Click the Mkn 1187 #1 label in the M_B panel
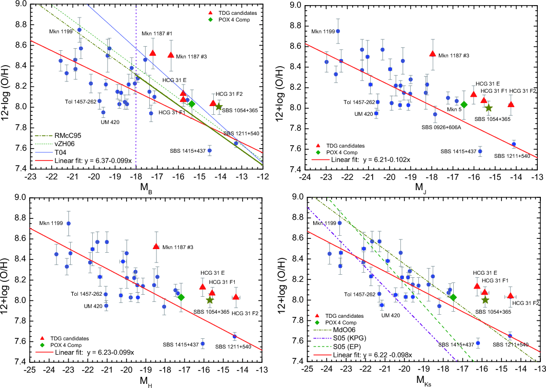(157, 34)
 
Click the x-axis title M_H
(144, 381)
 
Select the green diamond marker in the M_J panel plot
(464, 105)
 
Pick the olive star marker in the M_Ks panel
(485, 300)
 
